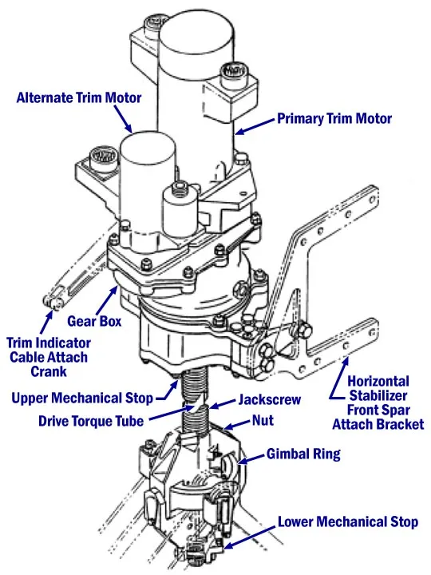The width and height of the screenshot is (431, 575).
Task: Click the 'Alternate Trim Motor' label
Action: coord(79,98)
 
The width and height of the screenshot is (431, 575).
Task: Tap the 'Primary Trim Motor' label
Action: coord(334,119)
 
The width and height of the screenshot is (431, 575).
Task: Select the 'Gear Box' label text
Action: coord(94,321)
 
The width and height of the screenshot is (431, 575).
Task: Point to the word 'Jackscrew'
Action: coord(270,400)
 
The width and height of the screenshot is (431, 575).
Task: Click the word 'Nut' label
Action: coord(263,420)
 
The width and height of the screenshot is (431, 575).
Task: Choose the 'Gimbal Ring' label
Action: coord(303,454)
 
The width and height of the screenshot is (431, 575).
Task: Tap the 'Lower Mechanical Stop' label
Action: coord(348,521)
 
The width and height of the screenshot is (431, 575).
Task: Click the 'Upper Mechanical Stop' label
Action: coord(82,399)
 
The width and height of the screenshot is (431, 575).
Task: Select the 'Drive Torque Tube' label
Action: coord(91,421)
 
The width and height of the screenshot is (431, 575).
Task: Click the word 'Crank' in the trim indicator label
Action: coord(49,371)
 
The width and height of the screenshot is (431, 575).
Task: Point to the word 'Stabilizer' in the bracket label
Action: coord(378,395)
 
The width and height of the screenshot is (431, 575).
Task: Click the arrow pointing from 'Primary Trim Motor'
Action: coord(255,126)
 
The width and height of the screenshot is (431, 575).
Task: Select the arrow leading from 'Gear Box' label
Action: coord(107,299)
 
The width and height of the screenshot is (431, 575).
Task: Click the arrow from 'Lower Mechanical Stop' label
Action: coord(249,535)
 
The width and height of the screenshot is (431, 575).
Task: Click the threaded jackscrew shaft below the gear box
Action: coord(195,402)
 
